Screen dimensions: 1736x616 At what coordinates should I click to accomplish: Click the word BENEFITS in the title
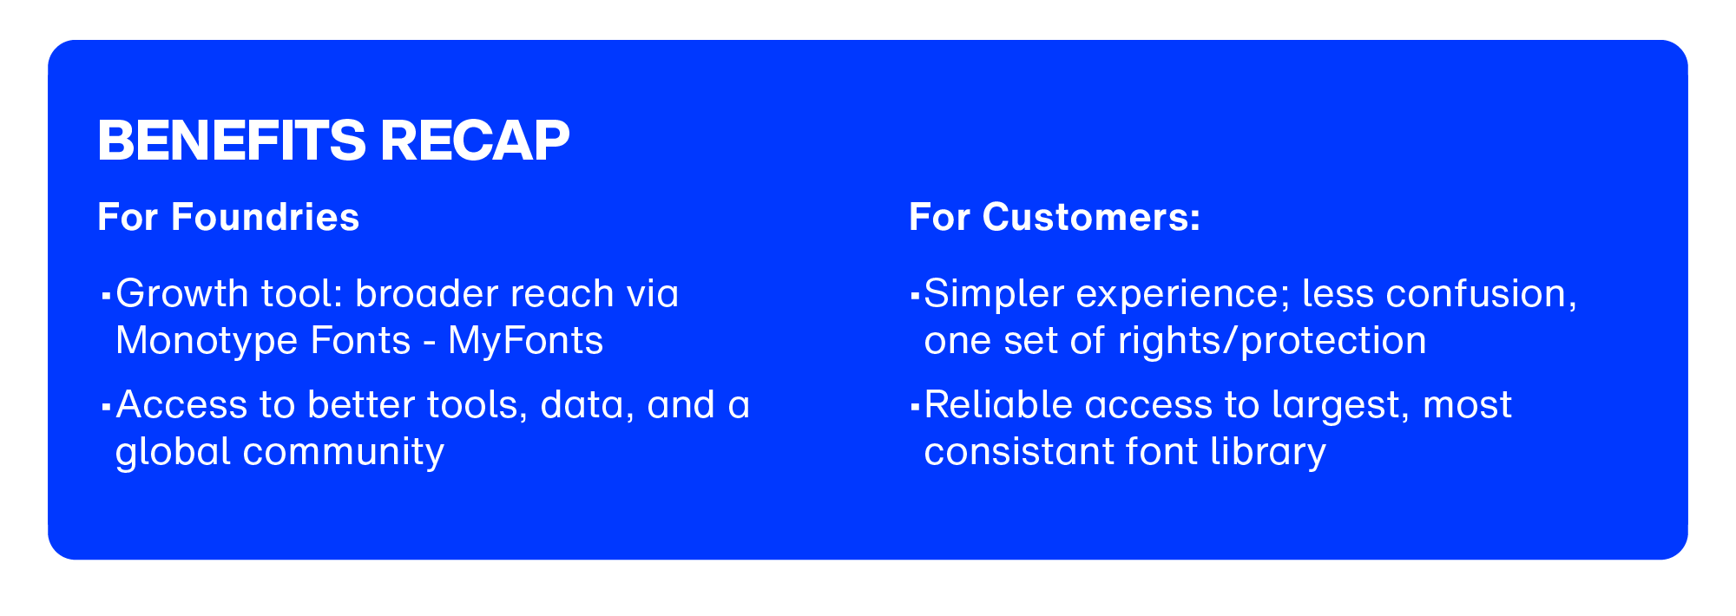[232, 141]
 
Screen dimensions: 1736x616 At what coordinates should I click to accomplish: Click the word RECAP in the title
[475, 141]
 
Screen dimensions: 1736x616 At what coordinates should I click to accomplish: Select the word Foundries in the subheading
[265, 217]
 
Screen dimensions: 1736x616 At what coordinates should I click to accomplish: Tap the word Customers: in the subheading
[1091, 217]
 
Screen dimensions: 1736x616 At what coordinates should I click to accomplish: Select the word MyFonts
[525, 341]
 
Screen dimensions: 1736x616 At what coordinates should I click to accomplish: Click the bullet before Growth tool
[105, 296]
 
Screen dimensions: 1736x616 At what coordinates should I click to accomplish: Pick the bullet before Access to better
[105, 407]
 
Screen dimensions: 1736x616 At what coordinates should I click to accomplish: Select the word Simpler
[994, 294]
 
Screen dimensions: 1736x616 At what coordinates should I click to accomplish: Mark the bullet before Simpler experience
[914, 296]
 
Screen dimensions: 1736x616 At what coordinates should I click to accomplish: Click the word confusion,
[1482, 294]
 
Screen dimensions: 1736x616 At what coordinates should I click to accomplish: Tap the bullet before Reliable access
[914, 407]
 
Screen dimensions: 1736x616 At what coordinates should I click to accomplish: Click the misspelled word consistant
[1019, 453]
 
